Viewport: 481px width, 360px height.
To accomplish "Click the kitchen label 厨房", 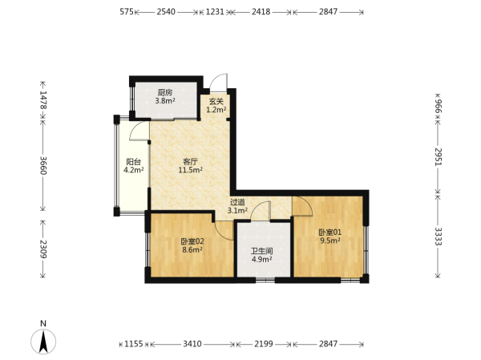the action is coord(165,92).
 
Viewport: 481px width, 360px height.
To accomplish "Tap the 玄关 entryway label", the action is coord(216,101).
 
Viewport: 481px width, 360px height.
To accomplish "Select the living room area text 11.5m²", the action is coord(191,170).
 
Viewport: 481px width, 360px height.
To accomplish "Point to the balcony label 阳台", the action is coord(134,162).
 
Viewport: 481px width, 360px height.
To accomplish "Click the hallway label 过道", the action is coord(237,202).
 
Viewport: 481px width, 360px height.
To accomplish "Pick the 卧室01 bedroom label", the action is coord(329,233).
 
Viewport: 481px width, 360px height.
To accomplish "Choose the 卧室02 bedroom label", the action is coord(192,241).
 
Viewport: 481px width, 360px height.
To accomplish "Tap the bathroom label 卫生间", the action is coord(262,251).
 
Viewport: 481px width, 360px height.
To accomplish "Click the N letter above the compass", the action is coord(43,323).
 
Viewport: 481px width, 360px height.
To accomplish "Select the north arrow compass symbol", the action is coord(43,342).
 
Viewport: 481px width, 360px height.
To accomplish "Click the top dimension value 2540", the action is coord(166,12).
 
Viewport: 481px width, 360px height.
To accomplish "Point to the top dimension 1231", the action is coord(215,12).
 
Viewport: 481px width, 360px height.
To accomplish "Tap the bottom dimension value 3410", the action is coord(192,344).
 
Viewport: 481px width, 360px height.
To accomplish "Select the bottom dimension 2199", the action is coord(264,344).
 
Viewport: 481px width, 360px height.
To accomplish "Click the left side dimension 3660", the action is coord(43,165).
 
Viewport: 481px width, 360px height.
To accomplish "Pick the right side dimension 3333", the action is coord(438,237).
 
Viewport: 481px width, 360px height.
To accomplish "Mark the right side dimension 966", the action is coord(438,106).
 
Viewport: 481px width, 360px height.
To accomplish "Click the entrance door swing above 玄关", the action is coord(219,83).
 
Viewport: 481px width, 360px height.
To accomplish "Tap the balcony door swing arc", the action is coord(139,131).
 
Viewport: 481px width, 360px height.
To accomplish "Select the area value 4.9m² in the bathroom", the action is coord(262,260).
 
